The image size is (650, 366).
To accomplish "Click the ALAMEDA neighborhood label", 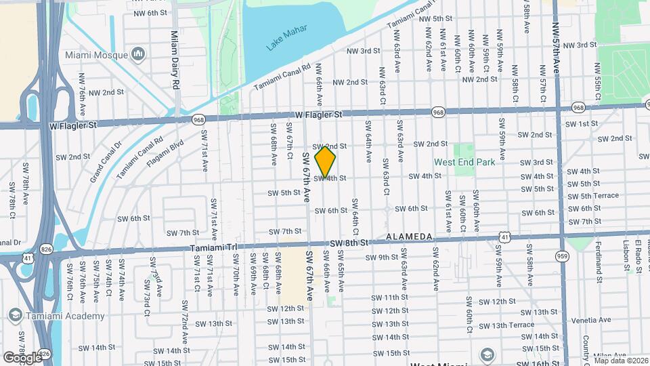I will click(x=409, y=236).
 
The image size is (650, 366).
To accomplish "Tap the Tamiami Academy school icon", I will click(x=14, y=316).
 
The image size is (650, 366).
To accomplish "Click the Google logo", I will click(x=22, y=357).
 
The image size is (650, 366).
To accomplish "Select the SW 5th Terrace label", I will click(x=592, y=196).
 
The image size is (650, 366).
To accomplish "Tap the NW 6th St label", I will click(x=150, y=14).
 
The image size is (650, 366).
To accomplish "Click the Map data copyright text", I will click(x=620, y=361).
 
